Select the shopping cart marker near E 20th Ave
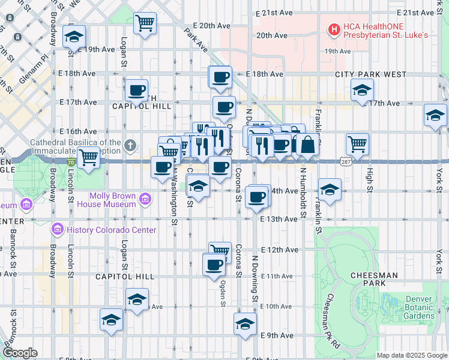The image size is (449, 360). [145, 23]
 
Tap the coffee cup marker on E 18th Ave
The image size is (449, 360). [220, 77]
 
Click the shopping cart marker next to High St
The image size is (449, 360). [357, 144]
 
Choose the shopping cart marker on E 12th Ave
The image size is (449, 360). [220, 250]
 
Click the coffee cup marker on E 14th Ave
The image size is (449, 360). [257, 196]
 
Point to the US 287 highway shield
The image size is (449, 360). [346, 161]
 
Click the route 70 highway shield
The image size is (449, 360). [71, 161]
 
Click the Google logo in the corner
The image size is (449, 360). [20, 353]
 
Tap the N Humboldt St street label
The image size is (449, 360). [304, 193]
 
